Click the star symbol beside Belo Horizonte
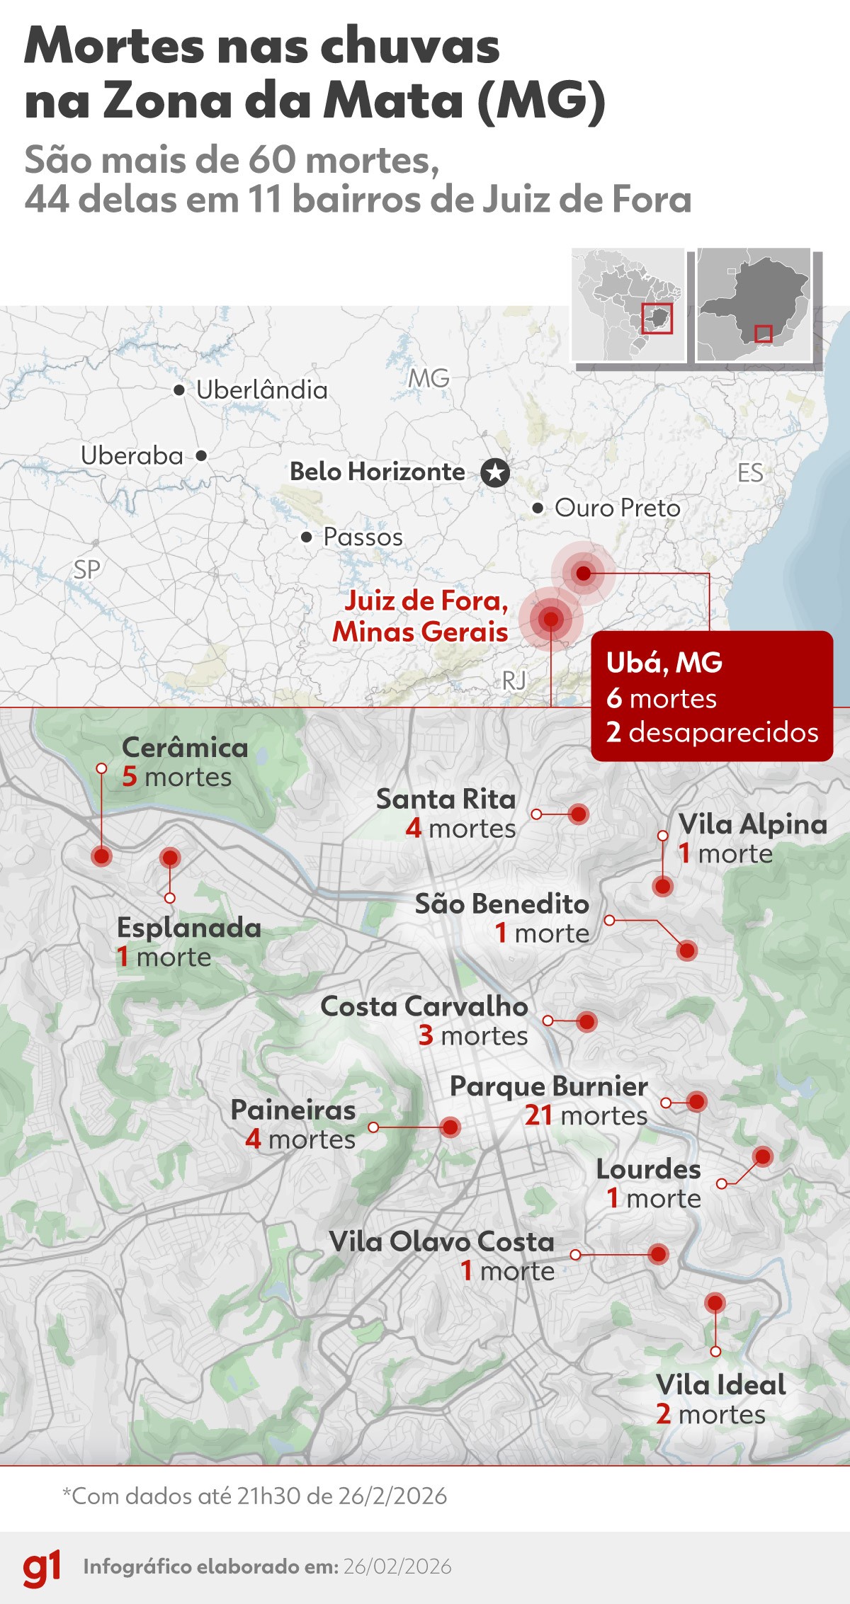tap(495, 472)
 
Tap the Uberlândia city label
tap(261, 389)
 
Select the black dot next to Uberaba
tap(201, 455)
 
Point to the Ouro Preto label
tap(617, 508)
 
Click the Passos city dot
tap(306, 537)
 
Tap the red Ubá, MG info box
tap(712, 696)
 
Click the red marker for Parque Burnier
tap(697, 1101)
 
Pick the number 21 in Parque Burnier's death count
tap(538, 1115)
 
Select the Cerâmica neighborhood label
tap(185, 748)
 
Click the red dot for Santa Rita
tap(579, 814)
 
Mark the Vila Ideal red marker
tap(715, 1302)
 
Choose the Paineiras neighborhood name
tap(293, 1110)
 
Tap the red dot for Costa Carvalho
tap(586, 1021)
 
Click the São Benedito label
tap(501, 904)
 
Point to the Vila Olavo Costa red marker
tap(658, 1254)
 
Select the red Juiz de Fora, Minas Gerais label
tap(421, 616)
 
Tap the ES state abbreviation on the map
tap(750, 472)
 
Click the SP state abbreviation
tap(87, 569)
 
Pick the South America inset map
tap(628, 305)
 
